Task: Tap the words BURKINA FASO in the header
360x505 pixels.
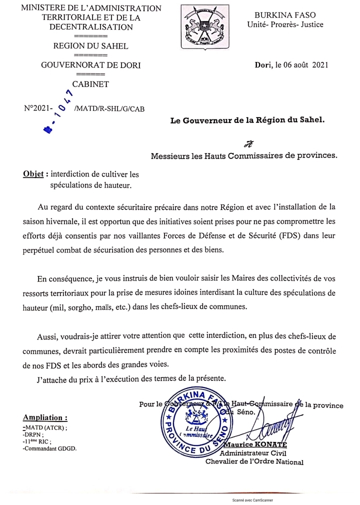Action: pos(285,15)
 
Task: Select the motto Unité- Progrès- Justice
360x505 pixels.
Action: pos(285,24)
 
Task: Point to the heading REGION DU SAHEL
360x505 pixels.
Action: pos(90,46)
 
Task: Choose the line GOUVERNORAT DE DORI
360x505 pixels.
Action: pos(90,64)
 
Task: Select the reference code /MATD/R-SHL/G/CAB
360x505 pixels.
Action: pos(108,108)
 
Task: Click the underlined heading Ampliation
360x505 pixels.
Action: pos(45,417)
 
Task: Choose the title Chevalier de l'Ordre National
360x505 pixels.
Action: pos(254,461)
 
